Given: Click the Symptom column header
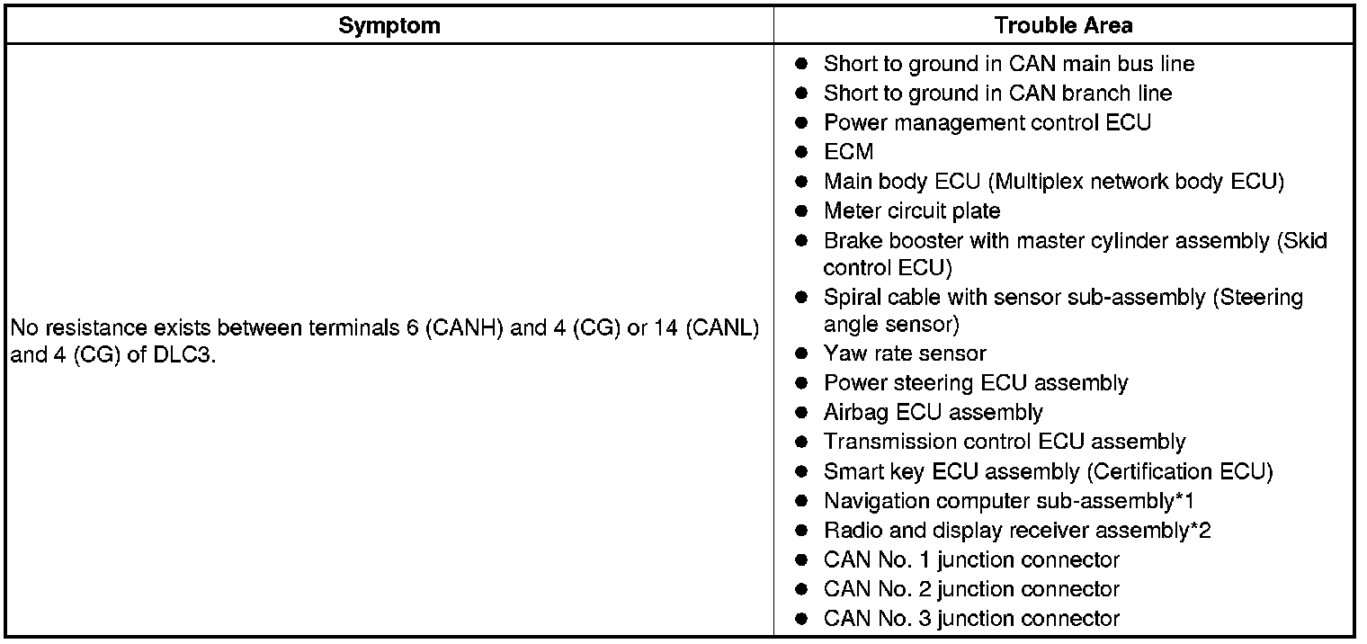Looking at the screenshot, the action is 389,26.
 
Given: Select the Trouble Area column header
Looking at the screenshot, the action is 1063,26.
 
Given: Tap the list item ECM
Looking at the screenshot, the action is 848,152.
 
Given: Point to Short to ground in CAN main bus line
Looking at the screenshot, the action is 1008,64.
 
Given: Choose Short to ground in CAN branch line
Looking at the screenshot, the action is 997,93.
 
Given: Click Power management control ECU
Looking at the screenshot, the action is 987,122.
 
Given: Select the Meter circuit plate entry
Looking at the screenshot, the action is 911,210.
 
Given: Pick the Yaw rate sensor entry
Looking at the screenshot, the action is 905,353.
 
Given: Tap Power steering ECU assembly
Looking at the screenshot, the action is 975,383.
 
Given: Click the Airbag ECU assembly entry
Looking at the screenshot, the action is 933,413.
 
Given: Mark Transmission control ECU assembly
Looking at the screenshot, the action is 1004,442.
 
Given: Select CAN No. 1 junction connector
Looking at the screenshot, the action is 971,559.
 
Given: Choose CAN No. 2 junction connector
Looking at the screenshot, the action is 971,589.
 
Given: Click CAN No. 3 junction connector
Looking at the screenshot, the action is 971,619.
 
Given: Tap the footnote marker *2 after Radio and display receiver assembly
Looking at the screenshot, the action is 1200,530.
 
